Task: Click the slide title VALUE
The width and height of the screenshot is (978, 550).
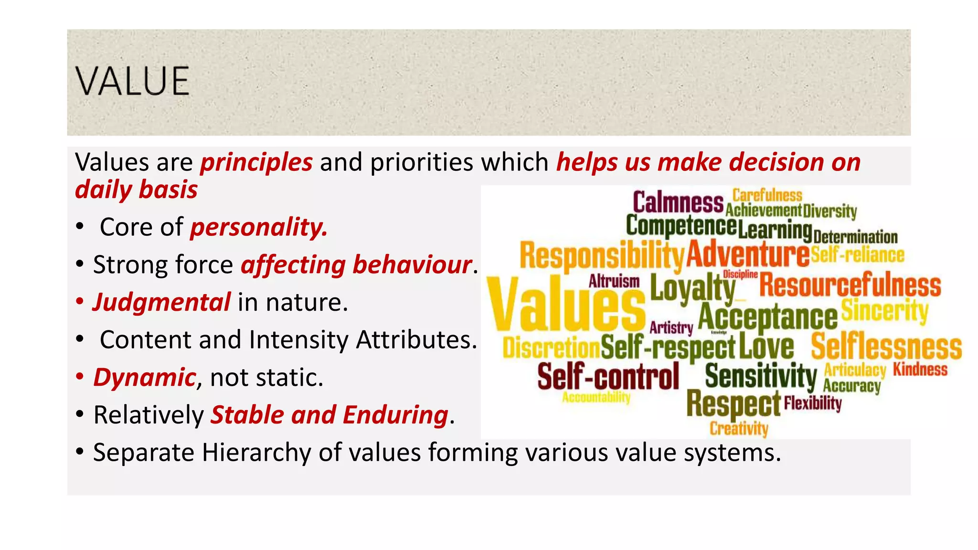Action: [x=132, y=81]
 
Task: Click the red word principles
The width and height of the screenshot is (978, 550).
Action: [x=256, y=162]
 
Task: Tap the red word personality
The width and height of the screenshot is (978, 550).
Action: [x=259, y=227]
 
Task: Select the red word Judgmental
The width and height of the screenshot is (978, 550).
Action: [x=162, y=303]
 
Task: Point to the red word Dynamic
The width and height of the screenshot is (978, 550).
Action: [x=144, y=378]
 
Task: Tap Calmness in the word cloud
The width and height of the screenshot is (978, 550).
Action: [x=678, y=202]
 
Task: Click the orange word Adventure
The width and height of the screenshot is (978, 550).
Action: [x=748, y=254]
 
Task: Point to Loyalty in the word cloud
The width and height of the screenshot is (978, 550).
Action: [x=693, y=288]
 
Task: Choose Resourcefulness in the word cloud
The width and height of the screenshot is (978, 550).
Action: [x=850, y=285]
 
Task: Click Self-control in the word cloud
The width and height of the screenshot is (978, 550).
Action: [x=608, y=376]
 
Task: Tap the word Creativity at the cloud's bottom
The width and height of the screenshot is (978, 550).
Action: [x=739, y=428]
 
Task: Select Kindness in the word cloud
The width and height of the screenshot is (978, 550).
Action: [x=920, y=369]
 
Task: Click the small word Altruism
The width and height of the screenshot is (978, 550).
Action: [x=614, y=281]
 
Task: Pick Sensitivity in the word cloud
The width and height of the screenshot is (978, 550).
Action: [x=761, y=376]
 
